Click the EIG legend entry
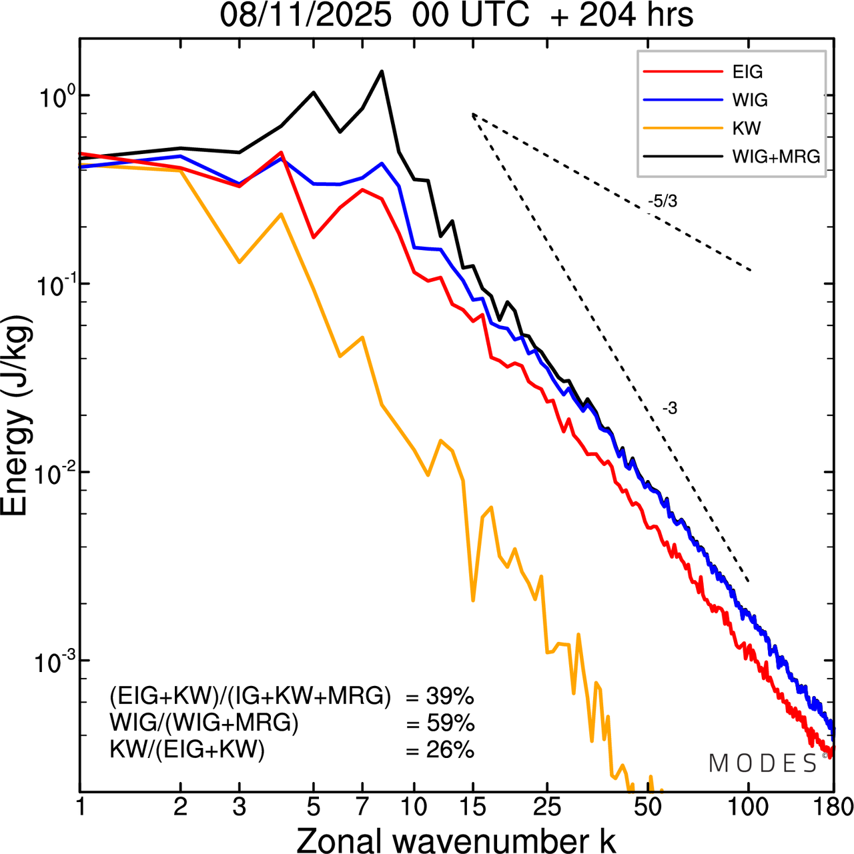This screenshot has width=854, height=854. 747,72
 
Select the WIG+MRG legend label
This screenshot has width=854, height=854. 776,157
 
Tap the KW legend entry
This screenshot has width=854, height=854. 747,128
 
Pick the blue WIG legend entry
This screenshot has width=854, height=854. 750,100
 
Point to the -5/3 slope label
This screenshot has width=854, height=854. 662,201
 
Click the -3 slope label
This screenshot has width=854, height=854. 670,409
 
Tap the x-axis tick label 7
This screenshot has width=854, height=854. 362,807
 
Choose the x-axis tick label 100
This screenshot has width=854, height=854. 748,807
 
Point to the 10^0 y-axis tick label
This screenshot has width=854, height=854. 54,95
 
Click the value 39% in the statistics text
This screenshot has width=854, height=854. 450,697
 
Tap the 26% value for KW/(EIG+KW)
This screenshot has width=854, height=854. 450,750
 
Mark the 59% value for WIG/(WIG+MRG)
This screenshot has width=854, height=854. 450,723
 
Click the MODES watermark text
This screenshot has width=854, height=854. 763,763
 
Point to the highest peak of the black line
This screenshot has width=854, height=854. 382,71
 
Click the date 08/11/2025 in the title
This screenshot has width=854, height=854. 306,15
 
